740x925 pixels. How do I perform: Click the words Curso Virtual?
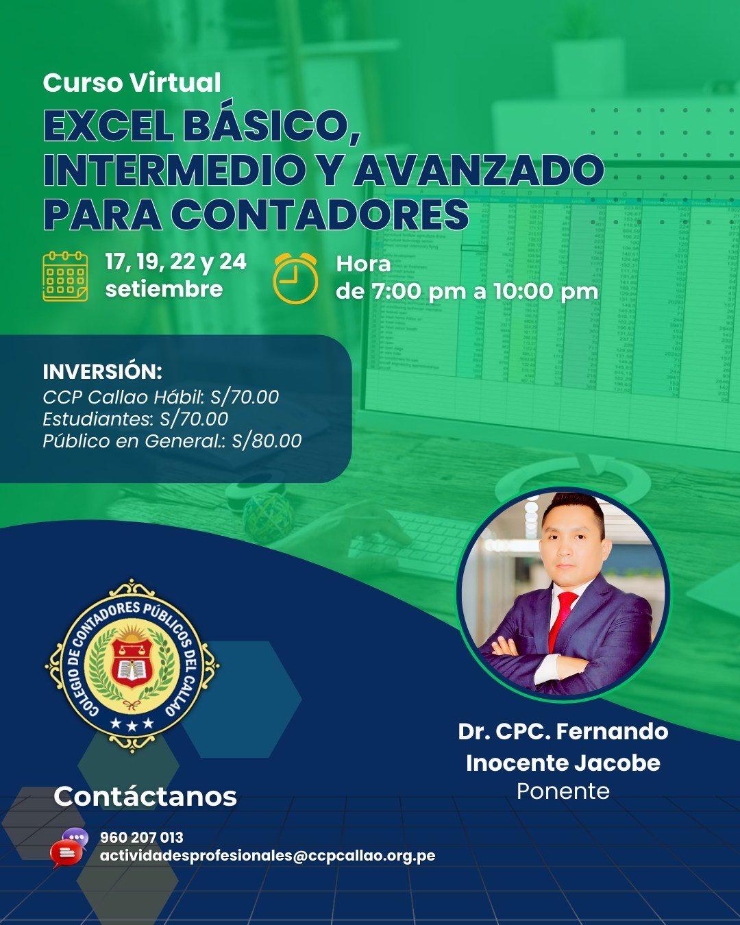(x=132, y=82)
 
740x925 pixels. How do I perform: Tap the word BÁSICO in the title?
(x=273, y=125)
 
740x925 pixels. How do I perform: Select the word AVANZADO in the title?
(x=478, y=170)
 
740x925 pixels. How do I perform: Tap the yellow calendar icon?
(x=65, y=276)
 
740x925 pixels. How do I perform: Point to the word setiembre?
(x=164, y=289)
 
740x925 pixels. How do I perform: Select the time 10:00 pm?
(x=545, y=291)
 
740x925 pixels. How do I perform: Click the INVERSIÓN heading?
(x=102, y=372)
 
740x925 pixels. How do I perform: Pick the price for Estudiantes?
(x=194, y=419)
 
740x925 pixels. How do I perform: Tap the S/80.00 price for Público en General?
(x=267, y=441)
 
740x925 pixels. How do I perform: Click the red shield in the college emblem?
(x=132, y=663)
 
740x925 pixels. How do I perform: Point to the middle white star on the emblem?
(x=132, y=726)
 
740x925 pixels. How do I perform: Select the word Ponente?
(x=563, y=791)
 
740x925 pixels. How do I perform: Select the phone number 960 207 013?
(x=141, y=837)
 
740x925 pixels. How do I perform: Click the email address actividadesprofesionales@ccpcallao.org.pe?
(x=267, y=855)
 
